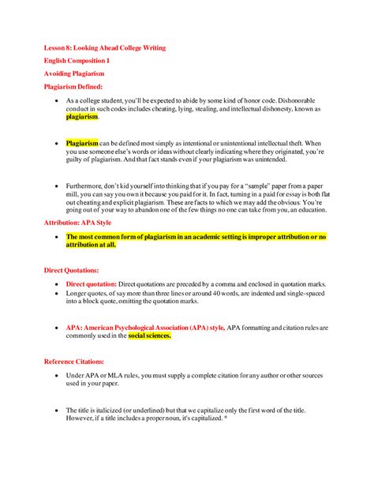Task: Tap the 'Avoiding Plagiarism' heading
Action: coord(73,73)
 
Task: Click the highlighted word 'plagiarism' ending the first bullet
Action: coord(82,116)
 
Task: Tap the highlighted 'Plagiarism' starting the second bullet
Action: coord(82,144)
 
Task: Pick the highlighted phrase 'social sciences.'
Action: coord(150,335)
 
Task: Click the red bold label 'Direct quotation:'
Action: coord(92,283)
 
